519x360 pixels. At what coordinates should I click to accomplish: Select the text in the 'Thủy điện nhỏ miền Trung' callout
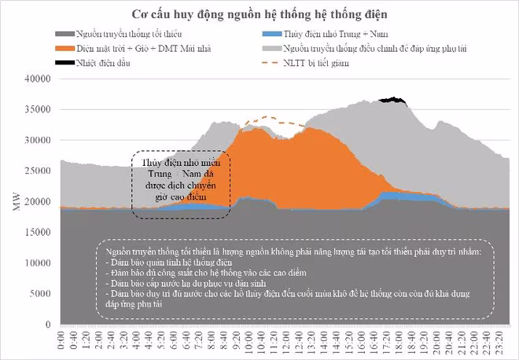pos(180,178)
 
